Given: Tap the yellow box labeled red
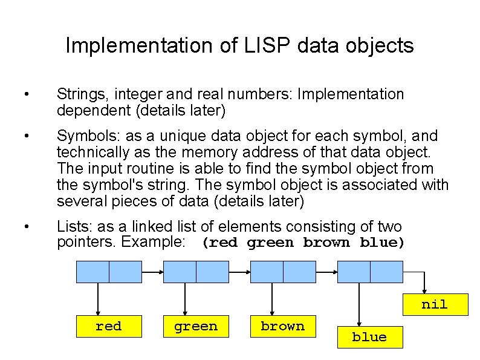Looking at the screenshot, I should pyautogui.click(x=108, y=327).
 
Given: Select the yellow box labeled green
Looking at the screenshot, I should pyautogui.click(x=195, y=327).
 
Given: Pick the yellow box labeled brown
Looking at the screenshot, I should pyautogui.click(x=282, y=327).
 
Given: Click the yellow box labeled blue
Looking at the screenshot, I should pyautogui.click(x=369, y=338).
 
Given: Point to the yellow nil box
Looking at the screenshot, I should pyautogui.click(x=435, y=304).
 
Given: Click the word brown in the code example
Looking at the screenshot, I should pyautogui.click(x=326, y=243).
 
